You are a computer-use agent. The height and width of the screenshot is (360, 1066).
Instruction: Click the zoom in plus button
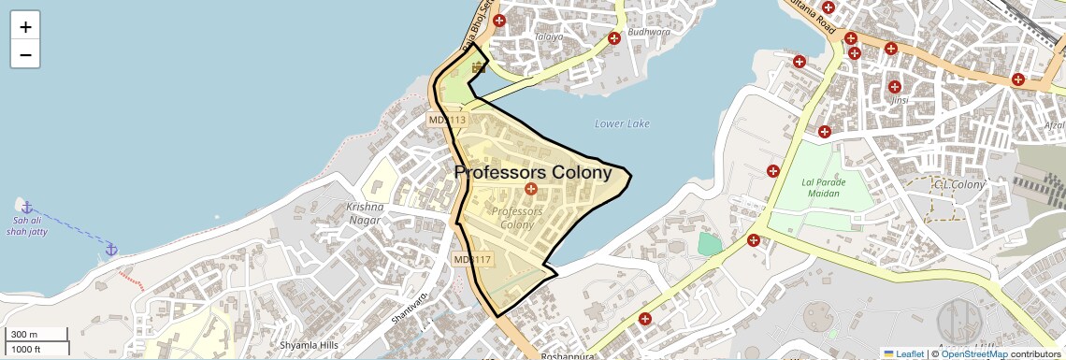[x=25, y=27]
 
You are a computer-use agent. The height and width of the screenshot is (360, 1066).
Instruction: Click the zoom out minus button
[x=25, y=55]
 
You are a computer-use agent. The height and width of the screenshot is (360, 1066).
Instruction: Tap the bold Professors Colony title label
[x=533, y=172]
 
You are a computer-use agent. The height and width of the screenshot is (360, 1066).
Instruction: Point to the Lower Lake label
[x=622, y=123]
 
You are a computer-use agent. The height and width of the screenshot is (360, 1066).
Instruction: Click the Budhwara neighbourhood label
[x=650, y=32]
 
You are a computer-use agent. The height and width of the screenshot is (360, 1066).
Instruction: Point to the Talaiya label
[x=549, y=37]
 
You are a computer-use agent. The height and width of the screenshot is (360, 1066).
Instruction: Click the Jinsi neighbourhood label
[x=900, y=100]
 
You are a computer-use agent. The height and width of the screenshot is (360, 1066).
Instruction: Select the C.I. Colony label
[x=959, y=185]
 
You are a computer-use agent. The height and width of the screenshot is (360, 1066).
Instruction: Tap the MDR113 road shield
[x=446, y=120]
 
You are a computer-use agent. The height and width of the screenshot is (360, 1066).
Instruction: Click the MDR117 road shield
[x=472, y=259]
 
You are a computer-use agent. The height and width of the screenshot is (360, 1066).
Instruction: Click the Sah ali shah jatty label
[x=25, y=225]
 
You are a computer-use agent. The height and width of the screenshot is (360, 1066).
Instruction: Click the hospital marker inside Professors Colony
[x=531, y=190]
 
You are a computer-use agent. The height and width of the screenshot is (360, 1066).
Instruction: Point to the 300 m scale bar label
[x=24, y=335]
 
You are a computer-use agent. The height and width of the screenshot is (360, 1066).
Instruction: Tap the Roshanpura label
[x=568, y=356]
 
